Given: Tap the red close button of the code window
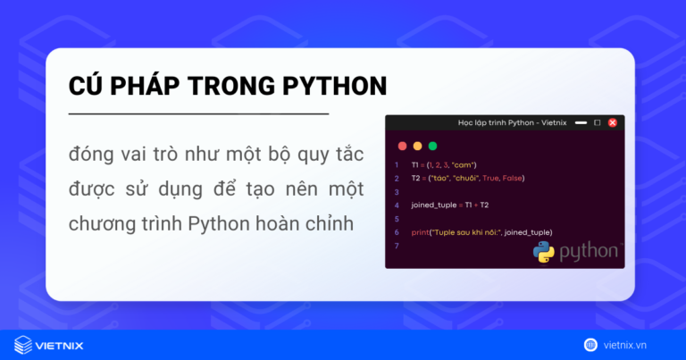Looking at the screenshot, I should (613, 122).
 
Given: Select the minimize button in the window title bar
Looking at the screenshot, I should (581, 122).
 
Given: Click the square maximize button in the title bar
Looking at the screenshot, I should (598, 122).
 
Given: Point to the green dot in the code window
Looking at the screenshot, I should (433, 146).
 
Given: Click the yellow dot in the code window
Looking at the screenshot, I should (417, 146).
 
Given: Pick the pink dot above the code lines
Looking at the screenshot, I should (402, 146).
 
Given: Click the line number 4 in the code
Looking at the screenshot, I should (396, 205).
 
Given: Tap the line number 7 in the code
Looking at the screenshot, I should (396, 246).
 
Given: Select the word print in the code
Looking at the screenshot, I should (419, 232).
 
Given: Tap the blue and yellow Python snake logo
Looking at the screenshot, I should (544, 252).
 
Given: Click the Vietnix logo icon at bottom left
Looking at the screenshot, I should (23, 344).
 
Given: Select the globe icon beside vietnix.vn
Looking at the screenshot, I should (590, 344).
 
